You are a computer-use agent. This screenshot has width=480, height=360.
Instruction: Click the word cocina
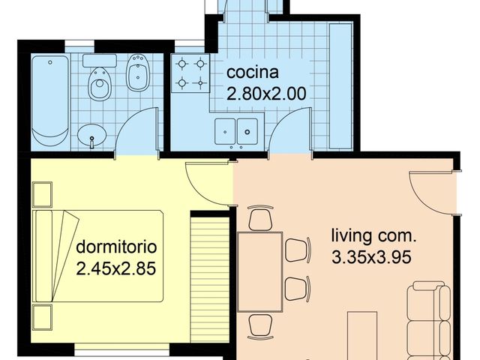[253, 73]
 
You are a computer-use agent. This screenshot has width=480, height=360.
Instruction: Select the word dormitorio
[115, 247]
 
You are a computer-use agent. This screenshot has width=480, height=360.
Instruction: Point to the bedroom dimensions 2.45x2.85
[115, 268]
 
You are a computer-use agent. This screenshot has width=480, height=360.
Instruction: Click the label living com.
[373, 236]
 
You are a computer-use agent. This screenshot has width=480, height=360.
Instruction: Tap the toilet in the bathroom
[99, 82]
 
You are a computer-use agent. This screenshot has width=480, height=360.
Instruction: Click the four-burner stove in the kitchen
[190, 73]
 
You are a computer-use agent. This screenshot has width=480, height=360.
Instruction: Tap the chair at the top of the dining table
[260, 219]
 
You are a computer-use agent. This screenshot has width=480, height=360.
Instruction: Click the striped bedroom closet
[210, 277]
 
